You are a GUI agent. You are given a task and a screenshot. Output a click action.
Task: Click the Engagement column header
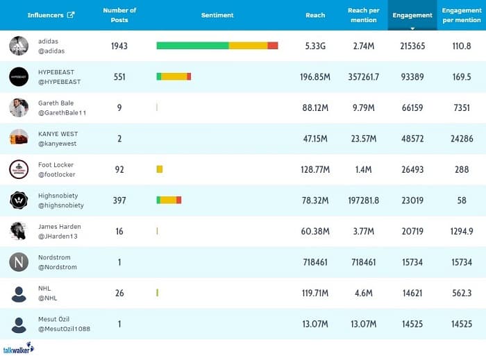412,15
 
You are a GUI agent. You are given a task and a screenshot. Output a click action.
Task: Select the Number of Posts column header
119,15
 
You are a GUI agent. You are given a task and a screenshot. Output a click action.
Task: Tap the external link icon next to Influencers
71,15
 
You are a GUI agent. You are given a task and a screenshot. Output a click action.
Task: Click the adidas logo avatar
19,46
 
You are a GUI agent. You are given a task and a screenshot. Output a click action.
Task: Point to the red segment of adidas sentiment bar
273,46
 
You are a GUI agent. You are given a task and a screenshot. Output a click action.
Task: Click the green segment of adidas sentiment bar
192,46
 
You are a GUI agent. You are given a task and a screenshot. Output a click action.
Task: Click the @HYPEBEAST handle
59,82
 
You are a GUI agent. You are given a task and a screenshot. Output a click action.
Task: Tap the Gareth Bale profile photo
19,108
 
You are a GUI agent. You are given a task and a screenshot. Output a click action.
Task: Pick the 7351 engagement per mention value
462,108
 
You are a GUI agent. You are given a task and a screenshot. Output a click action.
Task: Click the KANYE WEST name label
58,134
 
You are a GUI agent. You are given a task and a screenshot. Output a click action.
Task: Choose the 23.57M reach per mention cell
363,139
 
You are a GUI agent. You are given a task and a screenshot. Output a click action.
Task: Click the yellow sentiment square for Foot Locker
160,169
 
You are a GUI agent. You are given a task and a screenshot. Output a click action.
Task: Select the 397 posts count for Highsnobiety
119,200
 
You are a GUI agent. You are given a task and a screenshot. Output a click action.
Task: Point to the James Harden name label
60,227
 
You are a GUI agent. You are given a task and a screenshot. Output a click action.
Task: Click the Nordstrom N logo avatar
19,262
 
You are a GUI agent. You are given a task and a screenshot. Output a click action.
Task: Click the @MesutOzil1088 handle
64,329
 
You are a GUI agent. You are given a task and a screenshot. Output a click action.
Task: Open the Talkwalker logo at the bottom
18,349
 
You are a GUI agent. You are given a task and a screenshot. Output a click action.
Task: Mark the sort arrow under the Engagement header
412,28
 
